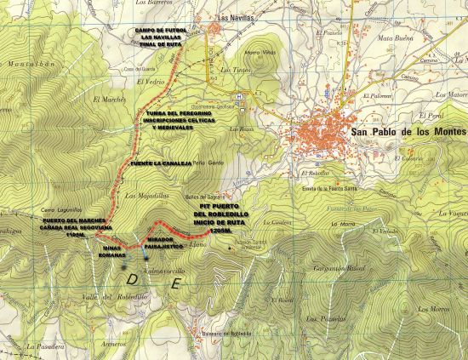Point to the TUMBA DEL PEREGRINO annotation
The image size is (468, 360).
182,119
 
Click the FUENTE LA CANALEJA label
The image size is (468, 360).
160,161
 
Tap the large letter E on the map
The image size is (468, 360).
175,285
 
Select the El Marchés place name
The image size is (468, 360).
115,98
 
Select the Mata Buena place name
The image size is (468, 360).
395,38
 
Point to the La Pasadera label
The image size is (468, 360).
43,346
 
